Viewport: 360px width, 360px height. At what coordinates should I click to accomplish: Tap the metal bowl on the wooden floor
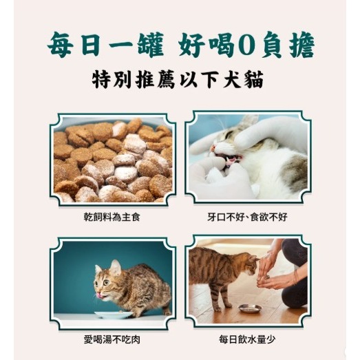tap(249, 308)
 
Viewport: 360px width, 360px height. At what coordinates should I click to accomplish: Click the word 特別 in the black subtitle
tap(114, 77)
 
